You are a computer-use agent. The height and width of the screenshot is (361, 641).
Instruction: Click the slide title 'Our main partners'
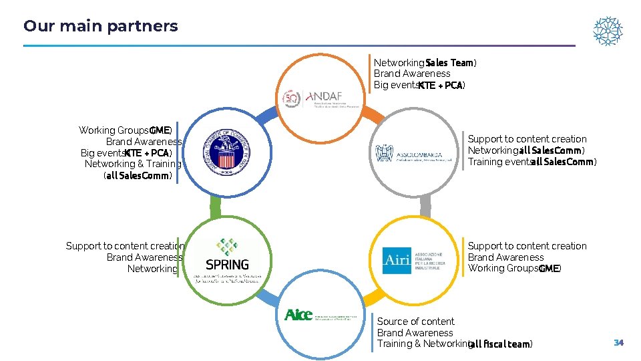pos(101,26)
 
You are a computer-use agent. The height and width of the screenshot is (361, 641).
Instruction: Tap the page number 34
pos(618,343)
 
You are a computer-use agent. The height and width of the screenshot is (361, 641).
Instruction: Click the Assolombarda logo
pos(415,154)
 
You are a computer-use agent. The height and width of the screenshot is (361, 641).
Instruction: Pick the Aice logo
pos(298,315)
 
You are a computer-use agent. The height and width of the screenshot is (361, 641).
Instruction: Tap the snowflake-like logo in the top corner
pos(608,31)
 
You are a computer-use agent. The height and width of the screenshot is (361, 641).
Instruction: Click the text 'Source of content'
pos(415,322)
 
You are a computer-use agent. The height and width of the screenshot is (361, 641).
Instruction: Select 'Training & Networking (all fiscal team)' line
pos(454,344)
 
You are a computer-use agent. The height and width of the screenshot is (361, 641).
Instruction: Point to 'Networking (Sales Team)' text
pos(425,62)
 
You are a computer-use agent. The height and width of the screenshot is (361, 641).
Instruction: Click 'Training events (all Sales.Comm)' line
pos(531,162)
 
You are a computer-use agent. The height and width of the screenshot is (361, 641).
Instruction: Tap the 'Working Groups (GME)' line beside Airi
pos(514,268)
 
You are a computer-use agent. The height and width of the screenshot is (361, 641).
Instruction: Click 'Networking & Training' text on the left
pos(133,164)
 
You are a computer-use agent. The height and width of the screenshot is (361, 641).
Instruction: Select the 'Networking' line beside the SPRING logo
pos(152,269)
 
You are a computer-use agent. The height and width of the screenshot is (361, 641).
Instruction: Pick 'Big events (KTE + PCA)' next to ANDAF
pos(419,85)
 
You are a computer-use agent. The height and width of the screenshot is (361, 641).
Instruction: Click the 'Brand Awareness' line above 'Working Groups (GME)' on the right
pos(505,257)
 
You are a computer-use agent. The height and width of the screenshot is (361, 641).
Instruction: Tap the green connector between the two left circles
pos(215,207)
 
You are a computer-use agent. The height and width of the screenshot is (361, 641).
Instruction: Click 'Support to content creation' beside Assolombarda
pos(527,139)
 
